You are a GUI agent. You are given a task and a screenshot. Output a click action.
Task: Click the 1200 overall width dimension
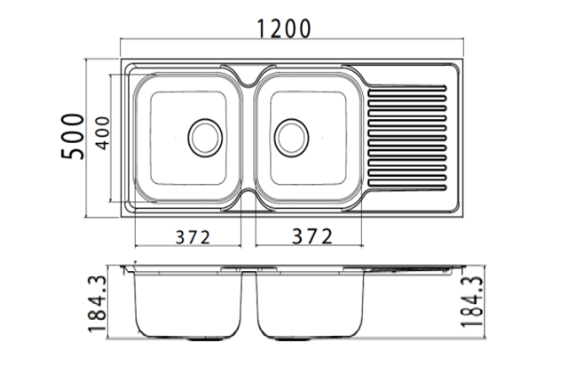pos(284,28)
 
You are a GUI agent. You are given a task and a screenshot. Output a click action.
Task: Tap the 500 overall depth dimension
pos(73,136)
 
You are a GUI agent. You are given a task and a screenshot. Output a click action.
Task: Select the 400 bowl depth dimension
pos(103,133)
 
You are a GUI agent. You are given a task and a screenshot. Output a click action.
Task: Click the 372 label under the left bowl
pos(193,237)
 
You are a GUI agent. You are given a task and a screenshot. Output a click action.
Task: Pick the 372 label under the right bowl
pos(312,236)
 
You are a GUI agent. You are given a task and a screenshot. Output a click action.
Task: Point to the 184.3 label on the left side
pos(98,304)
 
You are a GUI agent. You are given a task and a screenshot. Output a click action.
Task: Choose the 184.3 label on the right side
pos(472,302)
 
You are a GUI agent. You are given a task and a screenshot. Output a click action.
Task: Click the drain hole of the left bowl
pos(205,138)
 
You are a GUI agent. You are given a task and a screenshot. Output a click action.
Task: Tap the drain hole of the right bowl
pos(292,138)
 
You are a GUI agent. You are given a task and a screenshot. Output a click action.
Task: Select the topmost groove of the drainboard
pos(406,87)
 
